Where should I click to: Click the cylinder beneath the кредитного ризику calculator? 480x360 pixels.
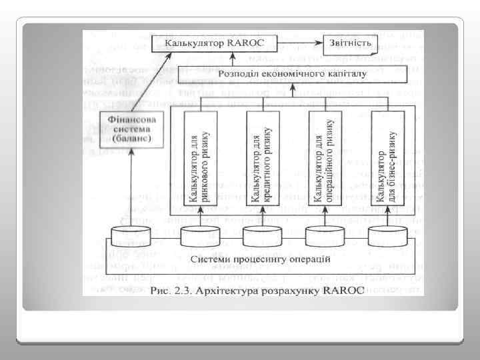click(x=261, y=235)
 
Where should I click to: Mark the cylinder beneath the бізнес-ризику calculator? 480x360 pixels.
click(x=387, y=235)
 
